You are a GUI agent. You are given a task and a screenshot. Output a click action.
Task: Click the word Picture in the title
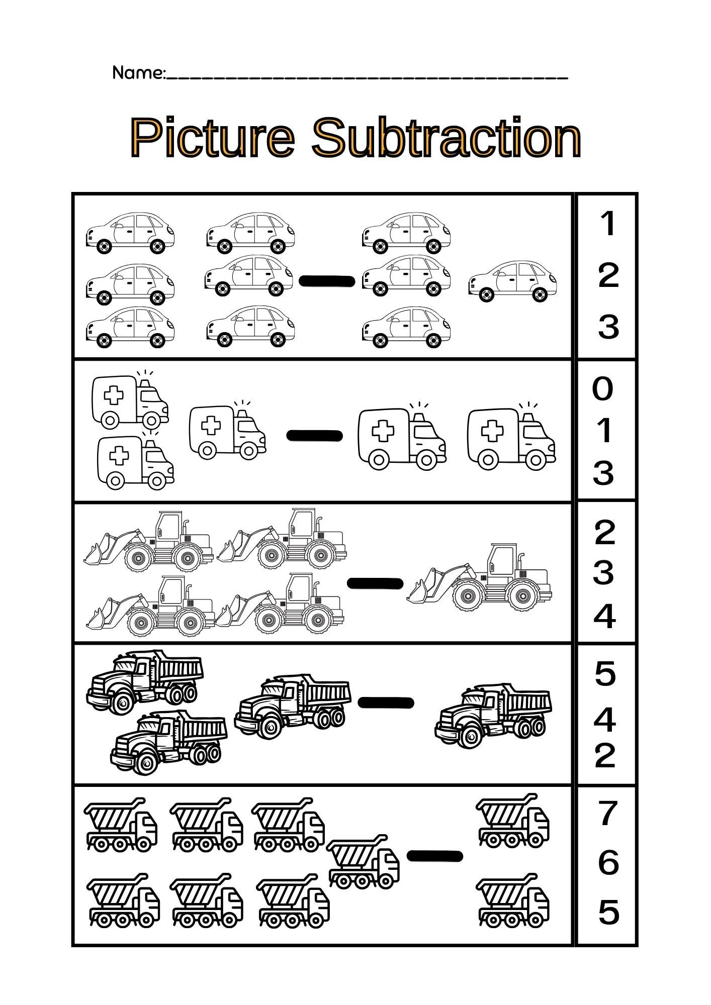(212, 138)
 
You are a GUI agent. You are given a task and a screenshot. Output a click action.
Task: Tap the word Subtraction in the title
(446, 138)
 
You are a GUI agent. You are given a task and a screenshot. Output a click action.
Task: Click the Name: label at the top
(138, 73)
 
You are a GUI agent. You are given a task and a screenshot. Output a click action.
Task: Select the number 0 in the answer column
(603, 388)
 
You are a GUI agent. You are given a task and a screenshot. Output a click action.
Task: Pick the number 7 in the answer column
(608, 814)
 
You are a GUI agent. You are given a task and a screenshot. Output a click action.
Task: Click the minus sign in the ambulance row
(315, 435)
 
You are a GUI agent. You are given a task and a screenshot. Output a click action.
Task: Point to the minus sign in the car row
(327, 281)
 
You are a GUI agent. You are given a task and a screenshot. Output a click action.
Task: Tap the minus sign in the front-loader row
(375, 583)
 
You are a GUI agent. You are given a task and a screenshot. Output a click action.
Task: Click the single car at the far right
(512, 281)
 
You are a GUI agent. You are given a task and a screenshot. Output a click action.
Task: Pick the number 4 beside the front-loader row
(604, 617)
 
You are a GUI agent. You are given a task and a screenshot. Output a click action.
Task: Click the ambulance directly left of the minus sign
(227, 432)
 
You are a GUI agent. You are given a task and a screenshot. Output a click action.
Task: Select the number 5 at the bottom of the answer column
(608, 912)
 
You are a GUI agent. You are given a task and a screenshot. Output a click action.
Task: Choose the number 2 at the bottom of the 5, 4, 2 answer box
(605, 755)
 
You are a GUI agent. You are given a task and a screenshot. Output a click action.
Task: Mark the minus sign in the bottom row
(434, 856)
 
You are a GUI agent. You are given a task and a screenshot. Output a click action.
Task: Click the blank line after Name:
(367, 77)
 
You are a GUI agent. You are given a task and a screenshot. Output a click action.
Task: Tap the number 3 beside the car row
(608, 327)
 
